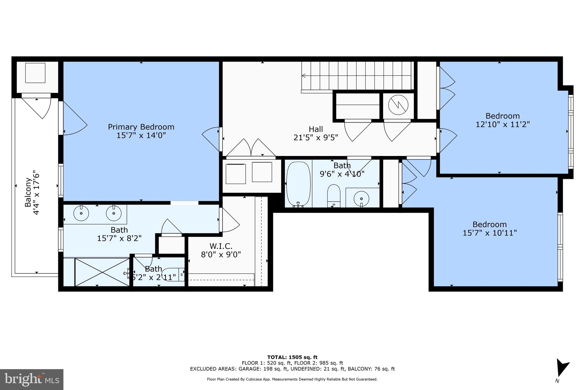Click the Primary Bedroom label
coord(141,127)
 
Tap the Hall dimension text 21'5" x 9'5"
coord(316,138)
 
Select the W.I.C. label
coord(221,246)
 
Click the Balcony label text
coord(28,192)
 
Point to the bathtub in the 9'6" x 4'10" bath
coord(298,184)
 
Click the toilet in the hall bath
coord(334,196)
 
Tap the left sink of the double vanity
coord(81,213)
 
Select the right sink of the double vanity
coord(114,213)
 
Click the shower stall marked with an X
coord(102,272)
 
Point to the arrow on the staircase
coord(304,76)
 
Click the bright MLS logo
coord(32,379)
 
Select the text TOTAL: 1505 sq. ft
coord(292,357)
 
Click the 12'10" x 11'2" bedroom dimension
coord(502,125)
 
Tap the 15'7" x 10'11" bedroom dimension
coord(490,233)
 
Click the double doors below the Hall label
coord(251,148)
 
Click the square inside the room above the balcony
coord(35,73)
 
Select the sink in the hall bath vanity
coord(361,198)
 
